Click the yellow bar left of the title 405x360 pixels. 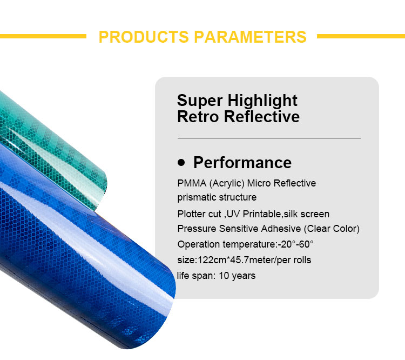coord(43,36)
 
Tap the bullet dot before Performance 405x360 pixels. coord(181,162)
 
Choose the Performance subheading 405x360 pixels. coord(242,163)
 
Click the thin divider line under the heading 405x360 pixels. coord(268,138)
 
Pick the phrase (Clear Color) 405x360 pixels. coord(331,229)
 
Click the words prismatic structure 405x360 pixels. coord(217,197)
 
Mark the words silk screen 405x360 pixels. coord(310,214)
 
